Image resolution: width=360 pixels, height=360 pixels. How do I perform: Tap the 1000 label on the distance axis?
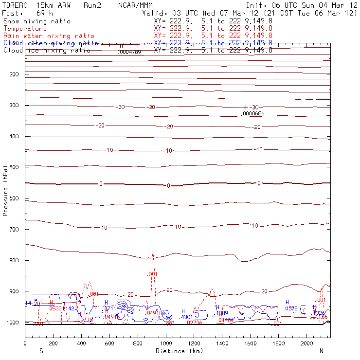[x=166, y=343]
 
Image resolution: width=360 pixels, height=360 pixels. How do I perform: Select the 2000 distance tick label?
[x=307, y=343]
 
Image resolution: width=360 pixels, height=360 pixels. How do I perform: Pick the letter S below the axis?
[x=41, y=351]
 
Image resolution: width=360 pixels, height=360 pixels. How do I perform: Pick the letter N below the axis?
[x=321, y=351]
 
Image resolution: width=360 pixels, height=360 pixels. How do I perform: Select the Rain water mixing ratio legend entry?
[x=49, y=36]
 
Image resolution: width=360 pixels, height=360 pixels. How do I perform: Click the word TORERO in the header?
[x=16, y=5]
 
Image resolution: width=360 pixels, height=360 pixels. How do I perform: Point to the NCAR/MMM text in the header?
[x=135, y=5]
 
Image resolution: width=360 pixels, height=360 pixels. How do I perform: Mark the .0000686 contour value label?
[x=253, y=113]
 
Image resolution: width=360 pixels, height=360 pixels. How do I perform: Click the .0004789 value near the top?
[x=129, y=52]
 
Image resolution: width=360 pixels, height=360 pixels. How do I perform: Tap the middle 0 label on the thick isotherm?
[x=168, y=186]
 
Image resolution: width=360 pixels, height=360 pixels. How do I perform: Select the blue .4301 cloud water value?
[x=187, y=317]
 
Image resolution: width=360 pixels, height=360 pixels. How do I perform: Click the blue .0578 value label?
[x=291, y=308]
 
